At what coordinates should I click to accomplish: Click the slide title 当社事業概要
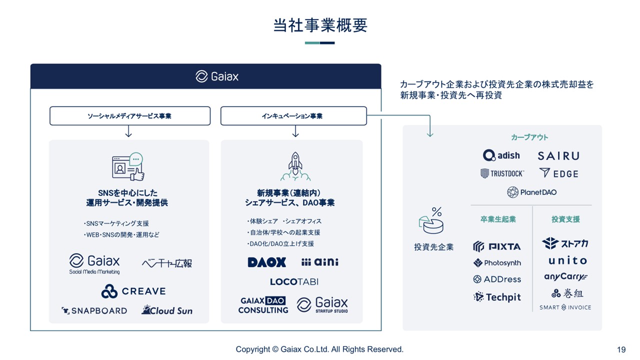[x=320, y=25]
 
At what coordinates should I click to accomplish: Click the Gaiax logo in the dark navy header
[x=217, y=76]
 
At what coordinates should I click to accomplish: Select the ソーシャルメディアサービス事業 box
[x=129, y=116]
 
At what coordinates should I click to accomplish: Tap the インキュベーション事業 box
[x=293, y=116]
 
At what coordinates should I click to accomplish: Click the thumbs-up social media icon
[x=128, y=166]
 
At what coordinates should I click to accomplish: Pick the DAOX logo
[x=267, y=262]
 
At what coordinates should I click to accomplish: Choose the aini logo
[x=320, y=262]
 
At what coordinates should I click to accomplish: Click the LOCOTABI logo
[x=294, y=281]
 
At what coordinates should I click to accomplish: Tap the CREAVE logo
[x=133, y=291]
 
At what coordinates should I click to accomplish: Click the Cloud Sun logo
[x=167, y=310]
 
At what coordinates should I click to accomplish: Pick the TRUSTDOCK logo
[x=502, y=173]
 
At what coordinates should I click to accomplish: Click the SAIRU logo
[x=558, y=156]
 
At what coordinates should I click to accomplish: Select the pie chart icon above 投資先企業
[x=432, y=221]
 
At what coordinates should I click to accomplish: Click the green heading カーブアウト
[x=529, y=137]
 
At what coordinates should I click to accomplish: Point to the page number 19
[x=621, y=349]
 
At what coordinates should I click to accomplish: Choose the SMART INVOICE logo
[x=565, y=307]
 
